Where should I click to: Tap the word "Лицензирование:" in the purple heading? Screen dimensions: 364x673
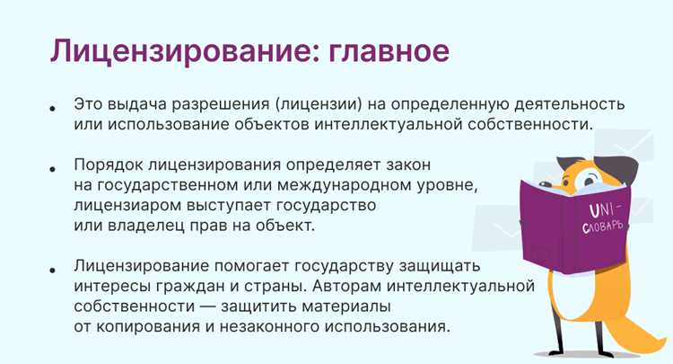point(174,50)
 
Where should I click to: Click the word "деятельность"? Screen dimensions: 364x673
point(570,103)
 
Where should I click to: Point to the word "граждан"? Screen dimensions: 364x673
point(189,287)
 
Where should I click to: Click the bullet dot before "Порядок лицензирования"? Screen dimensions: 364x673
point(54,169)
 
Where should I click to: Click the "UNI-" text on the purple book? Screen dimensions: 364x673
point(599,209)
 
